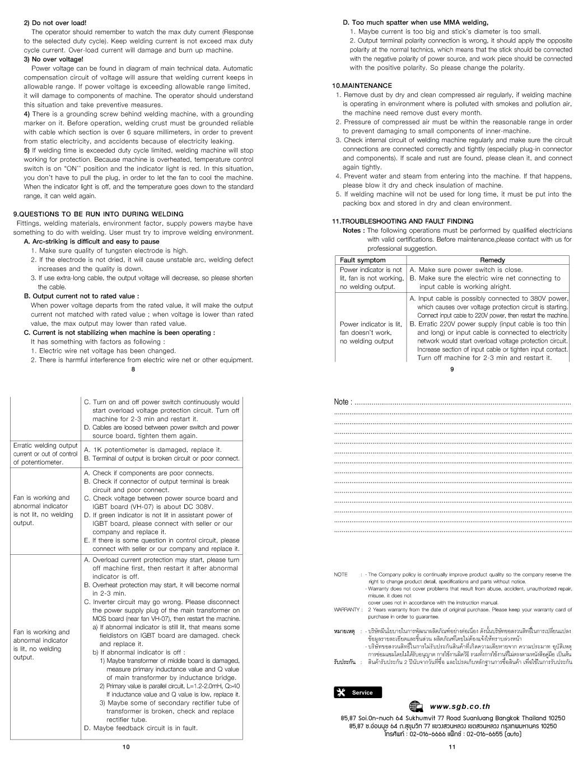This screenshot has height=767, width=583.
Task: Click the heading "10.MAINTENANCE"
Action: (x=362, y=86)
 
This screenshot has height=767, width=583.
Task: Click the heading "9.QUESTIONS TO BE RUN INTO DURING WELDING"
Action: (x=98, y=214)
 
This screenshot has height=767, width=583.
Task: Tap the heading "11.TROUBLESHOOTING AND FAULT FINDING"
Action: (x=403, y=221)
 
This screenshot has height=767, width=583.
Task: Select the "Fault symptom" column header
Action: (x=363, y=260)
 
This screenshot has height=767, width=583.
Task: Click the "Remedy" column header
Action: (x=492, y=260)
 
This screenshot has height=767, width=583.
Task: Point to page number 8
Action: (x=133, y=369)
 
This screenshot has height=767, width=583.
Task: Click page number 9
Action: (x=452, y=369)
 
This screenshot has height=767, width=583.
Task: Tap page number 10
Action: (x=126, y=747)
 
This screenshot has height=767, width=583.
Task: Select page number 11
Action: (x=452, y=747)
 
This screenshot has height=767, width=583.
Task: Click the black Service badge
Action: (x=357, y=693)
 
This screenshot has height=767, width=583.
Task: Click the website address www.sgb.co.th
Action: (x=460, y=707)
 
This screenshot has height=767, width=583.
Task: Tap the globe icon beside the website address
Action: (x=416, y=707)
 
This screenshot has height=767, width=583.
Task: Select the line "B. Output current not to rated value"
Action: (x=82, y=296)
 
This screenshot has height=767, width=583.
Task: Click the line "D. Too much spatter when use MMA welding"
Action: (x=416, y=22)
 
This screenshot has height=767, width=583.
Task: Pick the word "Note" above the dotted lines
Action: (x=342, y=402)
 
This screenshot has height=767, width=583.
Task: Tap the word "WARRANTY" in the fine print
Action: (x=346, y=609)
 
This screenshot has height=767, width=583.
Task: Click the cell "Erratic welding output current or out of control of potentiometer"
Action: (x=45, y=453)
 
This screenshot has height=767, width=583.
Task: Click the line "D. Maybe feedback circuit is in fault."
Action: (x=141, y=728)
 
